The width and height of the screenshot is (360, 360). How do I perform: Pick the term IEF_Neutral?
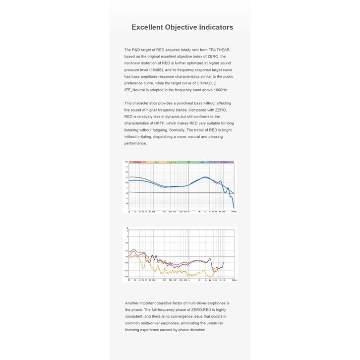point(137,90)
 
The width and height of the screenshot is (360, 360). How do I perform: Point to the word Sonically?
point(178,130)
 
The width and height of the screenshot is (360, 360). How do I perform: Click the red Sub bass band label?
point(137,162)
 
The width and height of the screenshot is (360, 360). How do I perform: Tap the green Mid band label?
point(188,162)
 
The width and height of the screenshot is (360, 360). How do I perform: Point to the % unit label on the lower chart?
point(126,228)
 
